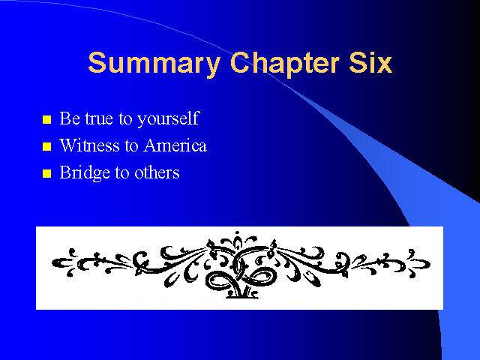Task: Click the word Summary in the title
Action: point(154,64)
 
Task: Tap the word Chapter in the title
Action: point(285,64)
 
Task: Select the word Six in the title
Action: point(370,62)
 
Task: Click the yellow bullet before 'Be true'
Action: point(46,119)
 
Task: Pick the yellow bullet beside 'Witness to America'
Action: point(46,146)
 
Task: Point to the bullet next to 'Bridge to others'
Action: point(46,173)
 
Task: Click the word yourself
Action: point(168,119)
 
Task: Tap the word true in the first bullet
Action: point(99,118)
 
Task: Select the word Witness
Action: point(89,145)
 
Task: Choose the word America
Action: point(175,145)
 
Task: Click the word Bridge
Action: point(85,173)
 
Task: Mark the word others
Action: point(157,172)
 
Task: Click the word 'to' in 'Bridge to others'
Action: point(122,173)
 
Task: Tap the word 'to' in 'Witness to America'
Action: point(132,145)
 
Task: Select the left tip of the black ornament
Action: point(52,262)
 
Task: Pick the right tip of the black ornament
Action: point(430,264)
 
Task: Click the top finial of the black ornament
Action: point(237,233)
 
